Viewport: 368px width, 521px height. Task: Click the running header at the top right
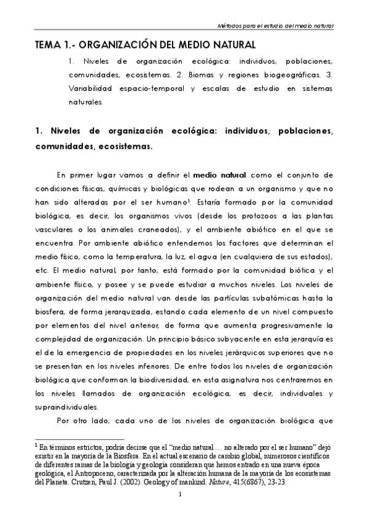[276, 26]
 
